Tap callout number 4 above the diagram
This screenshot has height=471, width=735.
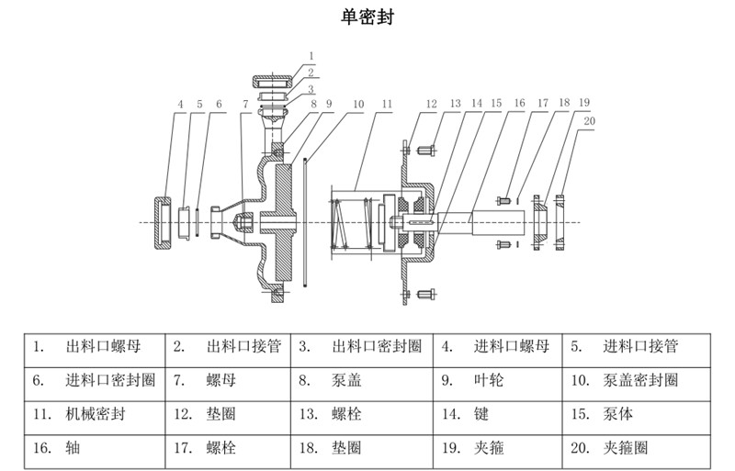181,104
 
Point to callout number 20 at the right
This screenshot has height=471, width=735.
588,120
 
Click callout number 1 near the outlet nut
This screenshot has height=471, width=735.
311,56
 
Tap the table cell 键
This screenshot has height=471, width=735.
478,413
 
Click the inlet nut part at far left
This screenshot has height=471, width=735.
161,222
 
